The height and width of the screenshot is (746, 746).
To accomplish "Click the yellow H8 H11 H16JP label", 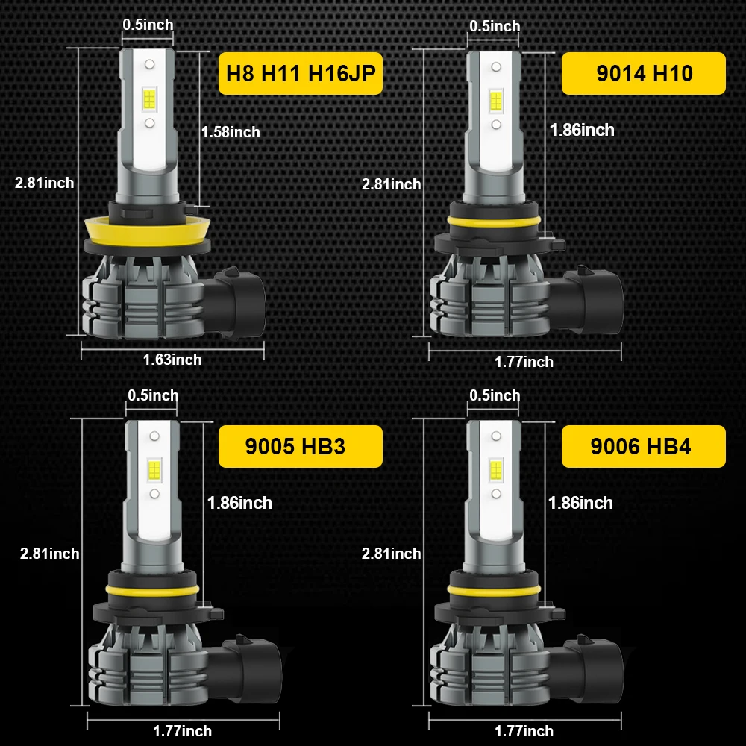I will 300,73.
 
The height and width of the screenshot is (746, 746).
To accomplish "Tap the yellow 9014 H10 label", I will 643,73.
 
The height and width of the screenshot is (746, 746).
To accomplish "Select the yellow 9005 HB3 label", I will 300,446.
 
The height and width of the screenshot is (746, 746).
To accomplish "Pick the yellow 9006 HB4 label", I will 643,446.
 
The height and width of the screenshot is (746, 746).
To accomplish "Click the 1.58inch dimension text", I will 231,132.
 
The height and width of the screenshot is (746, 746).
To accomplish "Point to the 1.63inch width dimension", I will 172,360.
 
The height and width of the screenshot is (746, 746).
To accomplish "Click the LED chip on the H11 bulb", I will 149,98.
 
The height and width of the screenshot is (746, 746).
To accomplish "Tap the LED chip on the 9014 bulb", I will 495,100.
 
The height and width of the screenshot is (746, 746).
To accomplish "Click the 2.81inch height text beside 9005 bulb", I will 49,553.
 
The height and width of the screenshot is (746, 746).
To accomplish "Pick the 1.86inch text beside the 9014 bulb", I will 582,130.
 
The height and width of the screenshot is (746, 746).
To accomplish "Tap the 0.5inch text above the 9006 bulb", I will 495,395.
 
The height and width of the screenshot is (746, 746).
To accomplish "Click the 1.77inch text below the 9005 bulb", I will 182,731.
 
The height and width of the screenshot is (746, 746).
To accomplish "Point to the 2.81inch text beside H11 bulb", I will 45,182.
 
